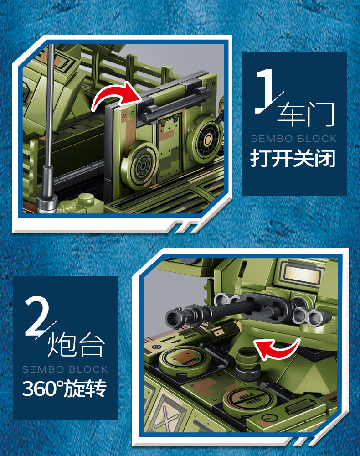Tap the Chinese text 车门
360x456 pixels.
coord(306,114)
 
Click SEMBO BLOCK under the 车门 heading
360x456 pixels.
coord(293,139)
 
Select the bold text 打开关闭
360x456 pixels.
coord(293,158)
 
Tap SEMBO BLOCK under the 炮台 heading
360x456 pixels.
coord(65,369)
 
